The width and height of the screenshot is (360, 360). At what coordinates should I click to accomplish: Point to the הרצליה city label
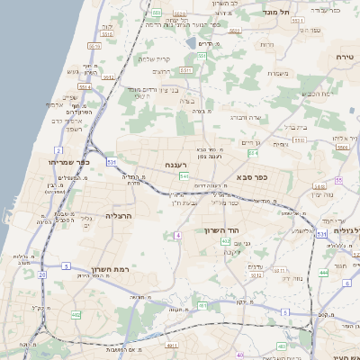tap(119, 216)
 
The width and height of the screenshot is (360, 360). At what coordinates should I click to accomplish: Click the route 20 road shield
tap(41, 274)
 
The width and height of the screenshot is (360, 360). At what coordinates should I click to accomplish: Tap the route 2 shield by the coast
tap(58, 150)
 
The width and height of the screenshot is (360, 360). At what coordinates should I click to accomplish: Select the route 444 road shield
tap(323, 271)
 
